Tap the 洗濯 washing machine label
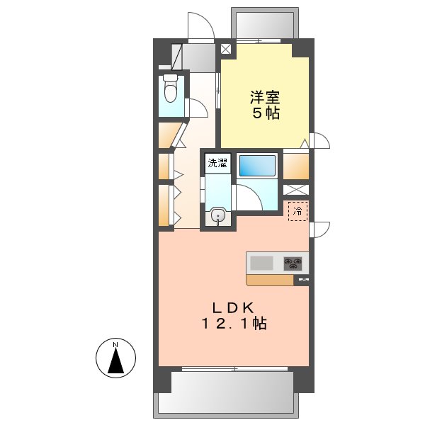pos(217,164)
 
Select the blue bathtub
pos(257,165)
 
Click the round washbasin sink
pos(219,216)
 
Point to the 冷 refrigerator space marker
pos(298,210)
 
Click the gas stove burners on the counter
pos(295,264)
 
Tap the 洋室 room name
pos(262,96)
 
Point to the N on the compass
pos(115,345)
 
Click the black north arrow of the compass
pos(115,363)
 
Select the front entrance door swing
pos(201,28)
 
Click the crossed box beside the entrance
pos(226,50)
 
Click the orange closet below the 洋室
pos(295,166)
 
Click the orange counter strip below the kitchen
pos(270,280)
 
